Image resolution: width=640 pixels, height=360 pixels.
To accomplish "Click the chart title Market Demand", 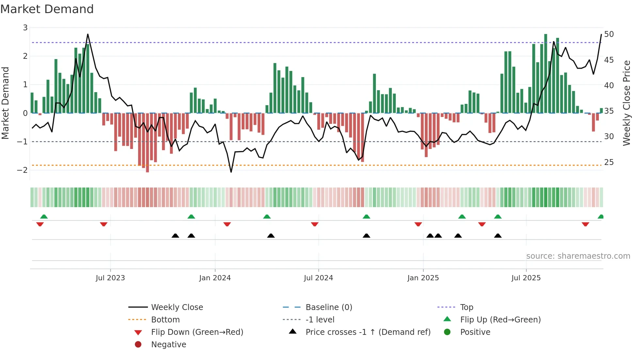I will (47, 9).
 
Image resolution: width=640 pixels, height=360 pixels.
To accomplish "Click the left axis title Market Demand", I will (6, 103).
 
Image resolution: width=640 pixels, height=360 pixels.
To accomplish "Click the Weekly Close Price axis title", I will (626, 103).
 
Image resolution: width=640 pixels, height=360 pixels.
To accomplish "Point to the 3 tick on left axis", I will (25, 28).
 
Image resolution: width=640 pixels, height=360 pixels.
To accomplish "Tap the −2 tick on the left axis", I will (23, 170).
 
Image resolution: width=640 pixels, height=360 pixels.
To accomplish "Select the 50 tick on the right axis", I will (609, 34).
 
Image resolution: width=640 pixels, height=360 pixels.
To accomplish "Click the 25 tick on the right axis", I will (609, 162).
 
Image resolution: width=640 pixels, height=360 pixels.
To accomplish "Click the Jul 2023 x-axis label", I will (110, 278).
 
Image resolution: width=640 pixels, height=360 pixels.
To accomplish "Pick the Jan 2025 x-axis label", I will (423, 278).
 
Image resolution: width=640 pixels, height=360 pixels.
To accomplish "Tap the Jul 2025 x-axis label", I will (526, 278).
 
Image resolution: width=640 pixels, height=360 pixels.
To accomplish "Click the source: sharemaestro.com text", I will (578, 256).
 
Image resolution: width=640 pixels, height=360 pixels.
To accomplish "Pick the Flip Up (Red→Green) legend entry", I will (500, 320).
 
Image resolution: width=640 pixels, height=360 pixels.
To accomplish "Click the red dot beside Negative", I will (138, 345).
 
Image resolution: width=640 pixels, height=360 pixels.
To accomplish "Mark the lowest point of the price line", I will (231, 172).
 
